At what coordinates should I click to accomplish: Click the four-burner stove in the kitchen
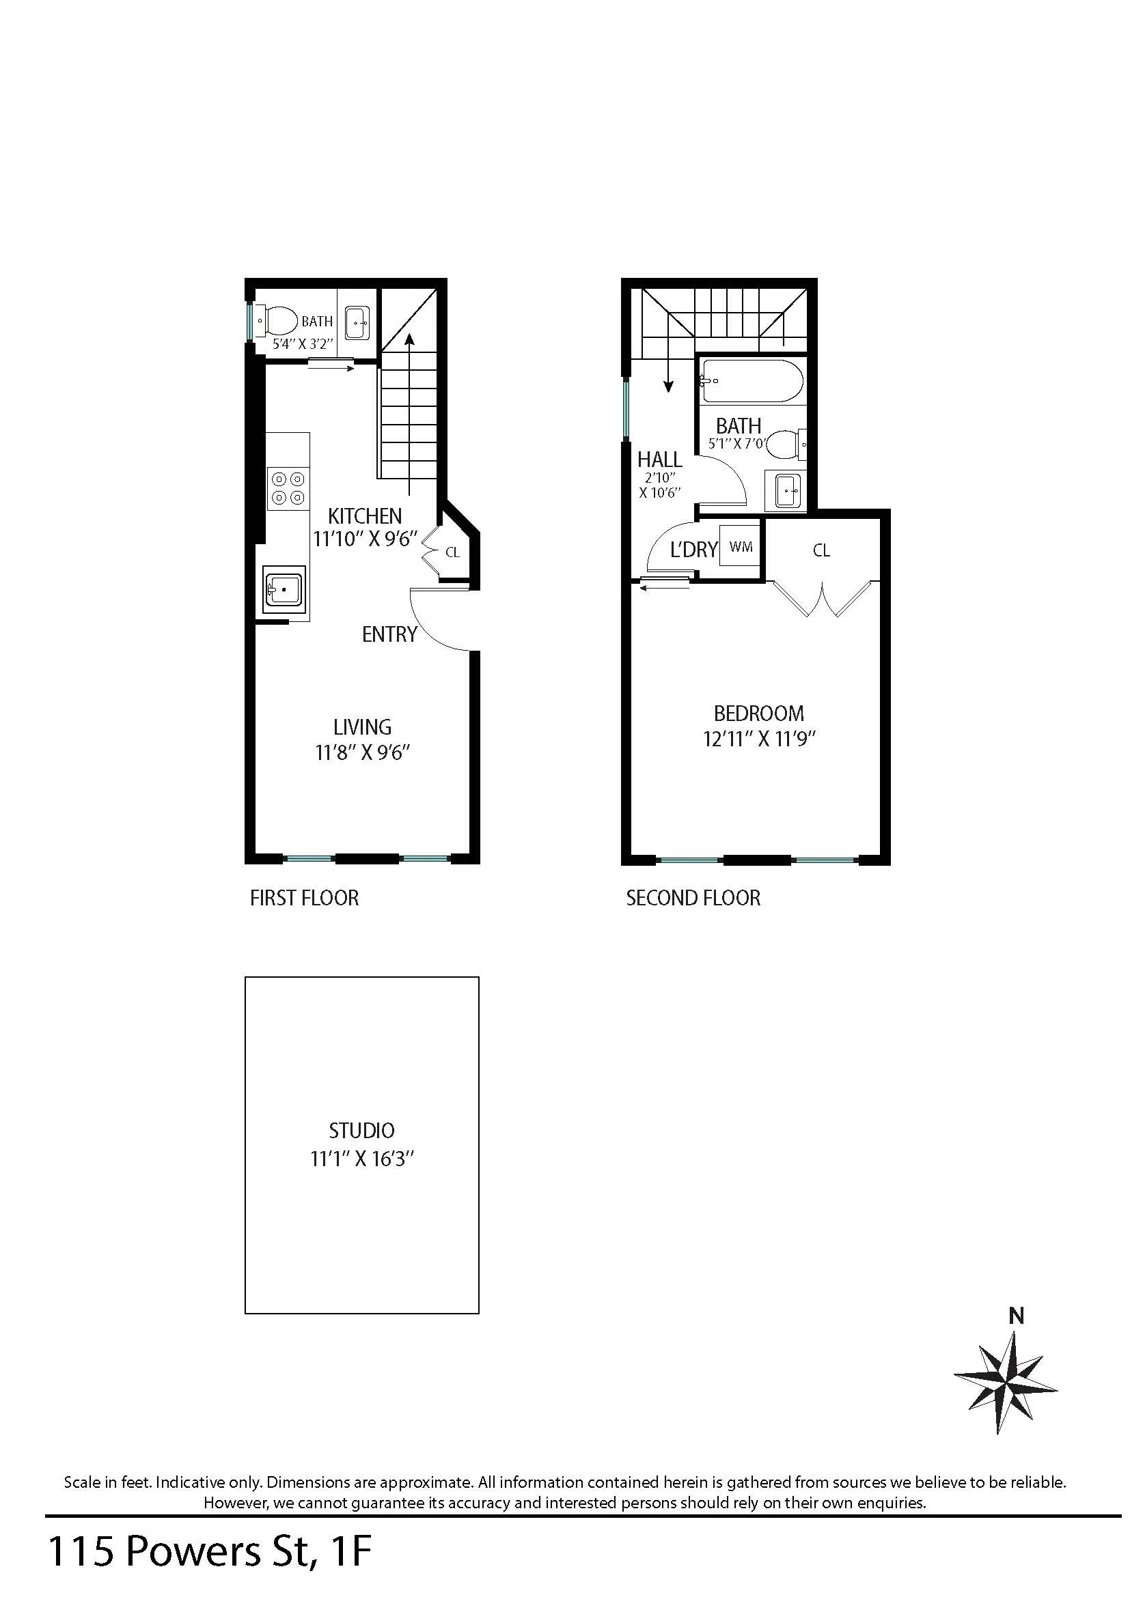pyautogui.click(x=288, y=487)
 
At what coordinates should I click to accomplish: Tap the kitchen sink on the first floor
pyautogui.click(x=284, y=590)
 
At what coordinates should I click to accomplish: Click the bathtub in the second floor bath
pyautogui.click(x=751, y=380)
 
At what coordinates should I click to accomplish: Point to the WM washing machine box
pyautogui.click(x=741, y=547)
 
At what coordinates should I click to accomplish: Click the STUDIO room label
pyautogui.click(x=362, y=1130)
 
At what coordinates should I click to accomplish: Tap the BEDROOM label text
pyautogui.click(x=758, y=713)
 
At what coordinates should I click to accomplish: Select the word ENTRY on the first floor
pyautogui.click(x=389, y=634)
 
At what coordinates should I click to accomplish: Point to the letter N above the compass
pyautogui.click(x=1017, y=1316)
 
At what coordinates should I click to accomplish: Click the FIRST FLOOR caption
pyautogui.click(x=304, y=898)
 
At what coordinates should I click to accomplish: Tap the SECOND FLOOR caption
pyautogui.click(x=693, y=898)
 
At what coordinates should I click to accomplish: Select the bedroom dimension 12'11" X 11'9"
pyautogui.click(x=758, y=739)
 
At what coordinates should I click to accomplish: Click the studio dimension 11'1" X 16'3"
pyautogui.click(x=362, y=1159)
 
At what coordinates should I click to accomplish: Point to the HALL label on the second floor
pyautogui.click(x=660, y=460)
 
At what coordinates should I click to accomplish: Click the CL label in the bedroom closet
pyautogui.click(x=821, y=550)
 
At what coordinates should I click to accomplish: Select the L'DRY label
pyautogui.click(x=693, y=550)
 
